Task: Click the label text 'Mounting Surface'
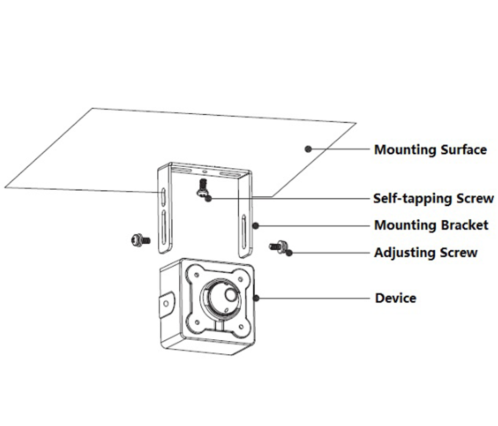point(430,150)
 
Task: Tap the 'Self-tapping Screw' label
point(433,198)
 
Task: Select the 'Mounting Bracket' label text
point(431,225)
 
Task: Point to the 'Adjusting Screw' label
point(425,253)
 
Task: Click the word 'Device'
point(395,298)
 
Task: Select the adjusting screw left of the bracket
point(140,239)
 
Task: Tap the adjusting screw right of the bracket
point(279,246)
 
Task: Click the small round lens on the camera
point(229,295)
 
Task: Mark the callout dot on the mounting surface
point(308,149)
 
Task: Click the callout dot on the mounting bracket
point(255,225)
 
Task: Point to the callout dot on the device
point(256,298)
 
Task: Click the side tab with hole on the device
point(166,303)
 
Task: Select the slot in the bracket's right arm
point(243,232)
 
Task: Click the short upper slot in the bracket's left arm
point(163,196)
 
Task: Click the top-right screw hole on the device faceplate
point(241,278)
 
